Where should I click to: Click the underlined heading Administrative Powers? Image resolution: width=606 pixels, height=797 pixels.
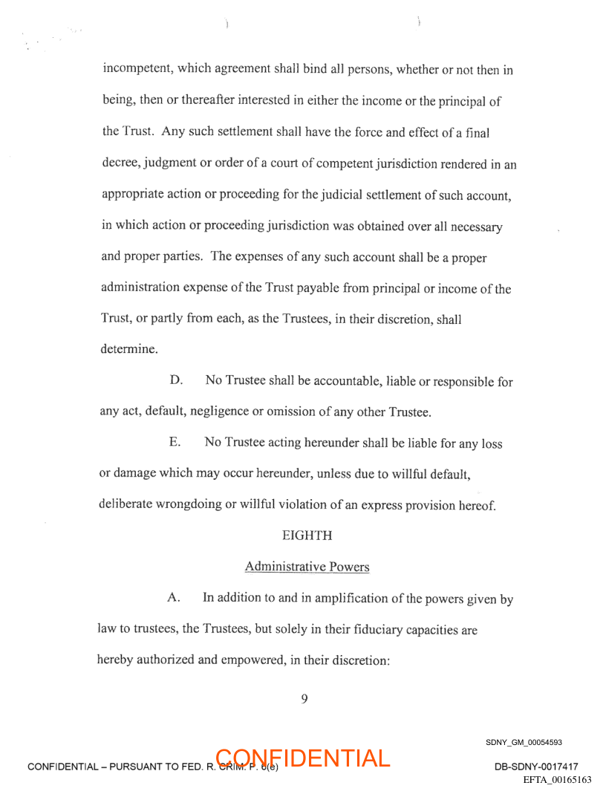(307, 567)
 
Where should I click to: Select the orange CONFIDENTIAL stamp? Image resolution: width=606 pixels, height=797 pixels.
(304, 758)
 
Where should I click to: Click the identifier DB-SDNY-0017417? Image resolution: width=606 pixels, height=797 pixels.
(535, 767)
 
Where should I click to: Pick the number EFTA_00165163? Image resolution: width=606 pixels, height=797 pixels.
(557, 780)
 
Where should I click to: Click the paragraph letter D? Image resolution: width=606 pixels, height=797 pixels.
(176, 381)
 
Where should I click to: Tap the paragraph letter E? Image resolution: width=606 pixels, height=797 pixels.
(175, 443)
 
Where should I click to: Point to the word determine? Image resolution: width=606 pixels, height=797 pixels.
(128, 348)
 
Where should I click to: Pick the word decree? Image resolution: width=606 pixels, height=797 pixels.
(119, 164)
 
